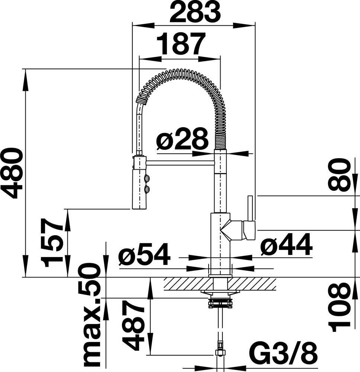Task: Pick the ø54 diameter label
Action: pos(145,254)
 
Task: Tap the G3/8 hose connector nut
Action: pos(221,352)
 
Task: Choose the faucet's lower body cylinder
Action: pos(221,244)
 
